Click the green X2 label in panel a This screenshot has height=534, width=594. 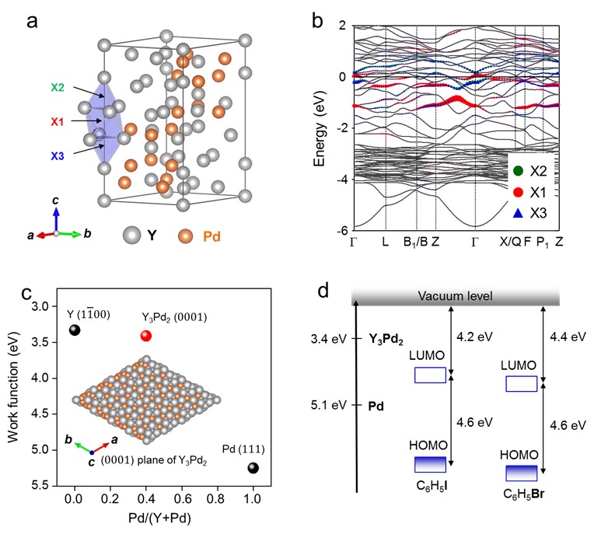pyautogui.click(x=58, y=88)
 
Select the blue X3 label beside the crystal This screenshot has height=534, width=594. pyautogui.click(x=58, y=156)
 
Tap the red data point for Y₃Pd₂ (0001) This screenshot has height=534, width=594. pyautogui.click(x=146, y=336)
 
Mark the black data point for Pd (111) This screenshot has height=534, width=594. pyautogui.click(x=253, y=467)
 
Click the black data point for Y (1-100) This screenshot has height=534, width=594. pyautogui.click(x=75, y=330)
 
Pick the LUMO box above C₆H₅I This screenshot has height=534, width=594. pyautogui.click(x=430, y=375)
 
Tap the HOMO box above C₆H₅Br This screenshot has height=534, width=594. pyautogui.click(x=521, y=473)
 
